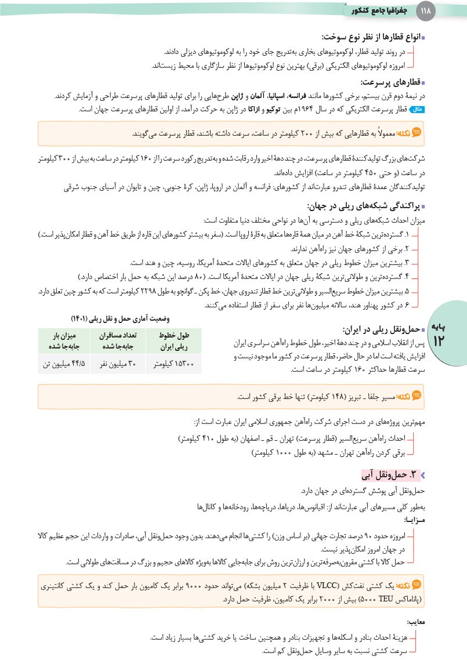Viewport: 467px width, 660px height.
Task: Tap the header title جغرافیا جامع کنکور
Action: tap(379, 10)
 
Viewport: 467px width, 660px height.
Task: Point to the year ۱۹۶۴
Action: tap(306, 108)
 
